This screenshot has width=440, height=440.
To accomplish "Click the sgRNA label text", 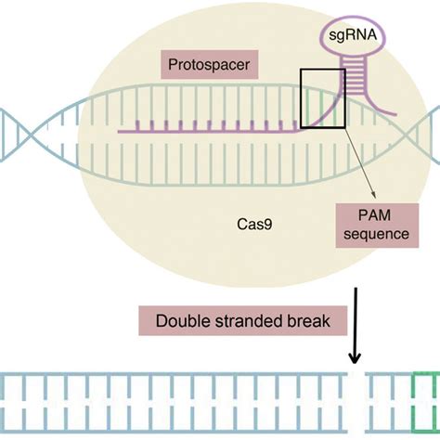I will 345,38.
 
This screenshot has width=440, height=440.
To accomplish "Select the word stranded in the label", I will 244,322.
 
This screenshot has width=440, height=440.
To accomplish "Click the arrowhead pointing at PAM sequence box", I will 373,196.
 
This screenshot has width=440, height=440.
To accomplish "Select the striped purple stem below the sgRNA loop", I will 345,84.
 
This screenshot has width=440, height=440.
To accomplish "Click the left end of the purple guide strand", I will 121,130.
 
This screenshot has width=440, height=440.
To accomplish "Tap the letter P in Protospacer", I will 172,67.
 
